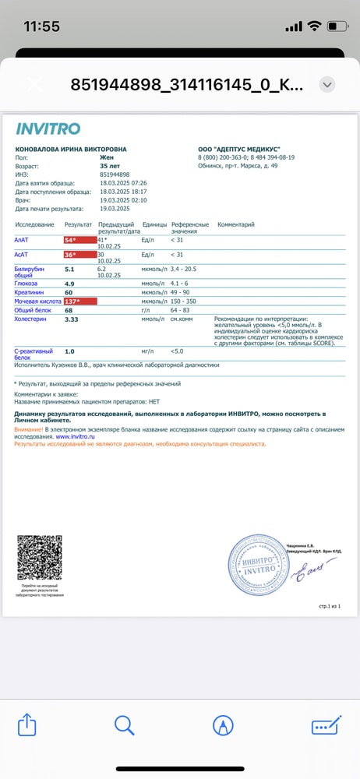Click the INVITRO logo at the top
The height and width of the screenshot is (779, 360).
click(x=48, y=129)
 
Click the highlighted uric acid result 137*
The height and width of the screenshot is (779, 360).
click(x=79, y=301)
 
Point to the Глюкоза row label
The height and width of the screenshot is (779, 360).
click(x=26, y=284)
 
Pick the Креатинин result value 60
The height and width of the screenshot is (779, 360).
click(x=69, y=292)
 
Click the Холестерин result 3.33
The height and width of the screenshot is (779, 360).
click(x=72, y=319)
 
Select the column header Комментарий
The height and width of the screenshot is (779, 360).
click(x=236, y=224)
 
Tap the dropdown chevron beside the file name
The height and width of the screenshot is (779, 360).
click(x=327, y=84)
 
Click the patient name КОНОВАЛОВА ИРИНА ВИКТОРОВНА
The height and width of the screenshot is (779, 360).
click(x=70, y=149)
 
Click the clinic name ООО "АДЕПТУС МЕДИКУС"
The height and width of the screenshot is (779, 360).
click(x=238, y=149)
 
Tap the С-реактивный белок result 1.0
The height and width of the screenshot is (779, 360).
click(x=69, y=351)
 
